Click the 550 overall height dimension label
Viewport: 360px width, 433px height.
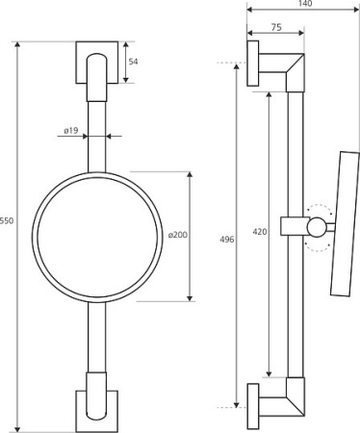(x=7, y=220)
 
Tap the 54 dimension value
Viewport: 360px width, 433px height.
(x=133, y=62)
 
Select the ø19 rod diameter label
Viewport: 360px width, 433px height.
(x=71, y=131)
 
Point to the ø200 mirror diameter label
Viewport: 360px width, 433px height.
(x=178, y=235)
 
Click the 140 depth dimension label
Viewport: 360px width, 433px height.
(x=304, y=4)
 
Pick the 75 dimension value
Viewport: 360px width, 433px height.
(x=276, y=28)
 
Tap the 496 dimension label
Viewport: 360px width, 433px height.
(x=227, y=240)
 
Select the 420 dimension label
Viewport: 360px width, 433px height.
(x=260, y=231)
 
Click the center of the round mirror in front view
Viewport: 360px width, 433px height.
(x=97, y=237)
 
